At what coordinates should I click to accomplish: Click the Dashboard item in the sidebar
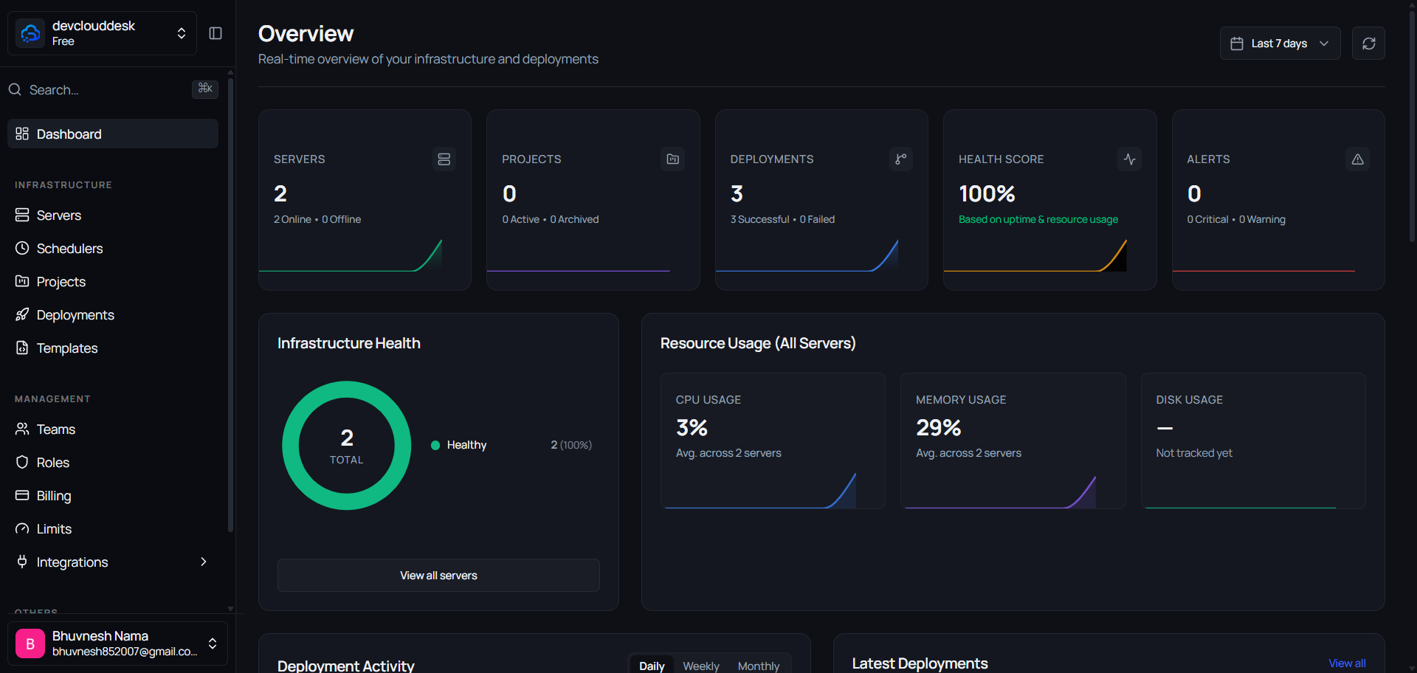click(x=113, y=134)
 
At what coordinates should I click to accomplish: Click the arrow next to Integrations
click(x=204, y=562)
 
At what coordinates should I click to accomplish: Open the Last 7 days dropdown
click(x=1280, y=44)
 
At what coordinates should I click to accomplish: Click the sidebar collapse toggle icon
click(x=216, y=33)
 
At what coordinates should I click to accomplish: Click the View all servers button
click(x=438, y=575)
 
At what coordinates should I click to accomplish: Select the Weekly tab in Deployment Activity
click(x=700, y=666)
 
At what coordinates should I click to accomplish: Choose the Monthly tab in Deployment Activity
click(x=758, y=666)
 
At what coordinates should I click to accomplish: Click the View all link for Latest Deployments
click(x=1347, y=663)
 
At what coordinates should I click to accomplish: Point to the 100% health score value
click(x=987, y=193)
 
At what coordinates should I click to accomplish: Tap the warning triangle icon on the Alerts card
click(x=1357, y=159)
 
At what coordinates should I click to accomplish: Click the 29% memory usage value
click(x=939, y=427)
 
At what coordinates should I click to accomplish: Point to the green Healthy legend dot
click(x=435, y=445)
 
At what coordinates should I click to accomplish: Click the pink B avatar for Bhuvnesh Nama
click(x=30, y=643)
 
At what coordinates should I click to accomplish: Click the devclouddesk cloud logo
click(x=30, y=33)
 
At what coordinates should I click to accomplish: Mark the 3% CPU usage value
click(x=692, y=427)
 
